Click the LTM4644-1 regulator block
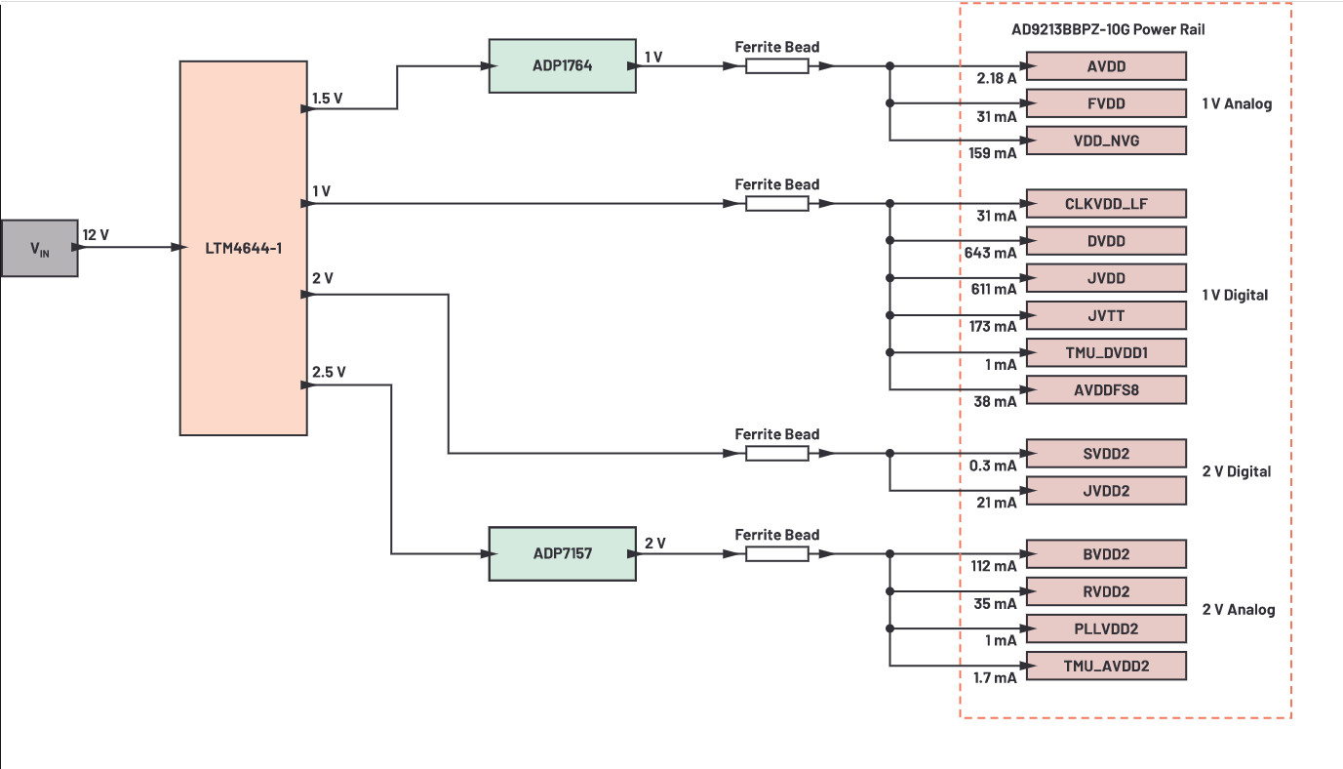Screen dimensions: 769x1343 point(243,247)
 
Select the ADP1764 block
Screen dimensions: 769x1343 point(562,66)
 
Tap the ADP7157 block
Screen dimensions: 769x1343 point(562,553)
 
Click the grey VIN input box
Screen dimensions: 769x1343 point(39,248)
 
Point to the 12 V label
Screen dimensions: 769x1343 point(96,234)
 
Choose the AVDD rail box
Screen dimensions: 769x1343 point(1106,66)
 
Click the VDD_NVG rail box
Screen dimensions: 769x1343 point(1106,141)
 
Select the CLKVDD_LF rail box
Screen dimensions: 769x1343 point(1106,204)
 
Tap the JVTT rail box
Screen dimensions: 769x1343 point(1106,315)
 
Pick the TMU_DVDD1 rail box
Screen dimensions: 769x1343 point(1106,352)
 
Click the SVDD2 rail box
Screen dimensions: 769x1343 point(1106,454)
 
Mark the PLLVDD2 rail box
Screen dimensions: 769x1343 point(1106,628)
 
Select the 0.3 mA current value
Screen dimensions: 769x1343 point(993,465)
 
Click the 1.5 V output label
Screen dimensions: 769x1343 point(328,99)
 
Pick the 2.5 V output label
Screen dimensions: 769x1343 point(328,372)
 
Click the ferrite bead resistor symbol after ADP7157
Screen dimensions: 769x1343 point(777,554)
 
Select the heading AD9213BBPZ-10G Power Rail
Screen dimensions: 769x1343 point(1108,29)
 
